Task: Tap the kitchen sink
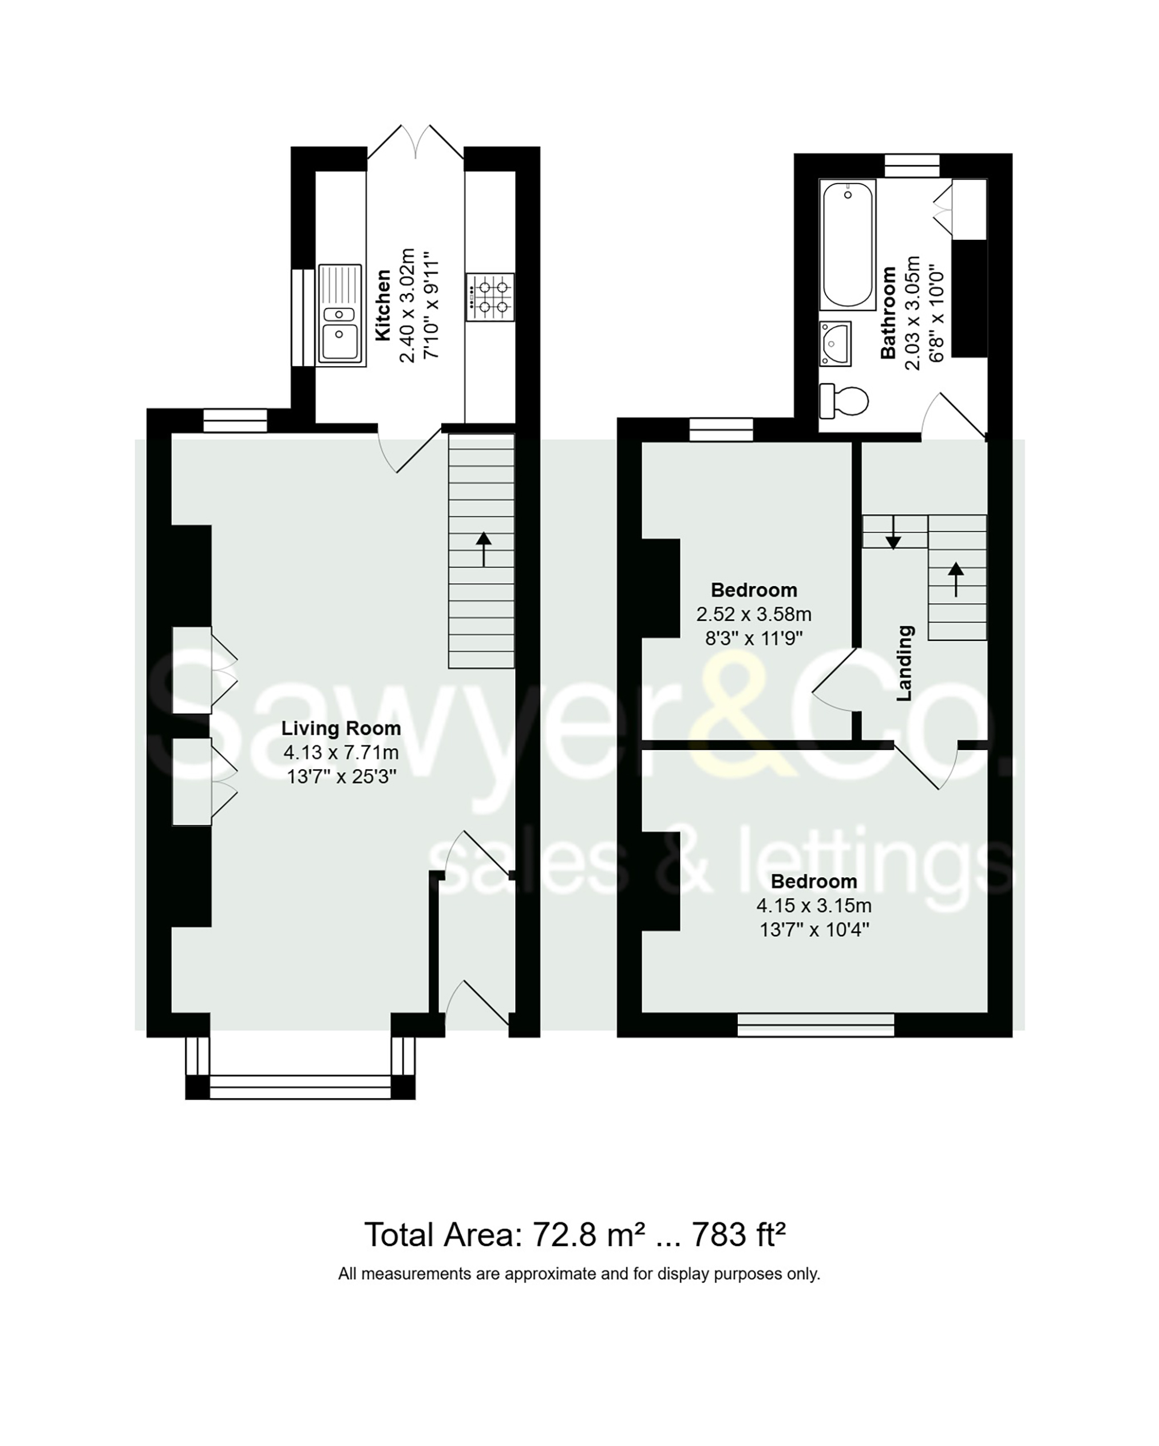coord(341,315)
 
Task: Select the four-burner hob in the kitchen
coord(491,296)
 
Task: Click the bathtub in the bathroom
coord(848,244)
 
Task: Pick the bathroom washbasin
coord(836,343)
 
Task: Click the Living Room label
coord(341,728)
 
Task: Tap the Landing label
coord(905,663)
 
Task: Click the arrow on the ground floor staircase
coord(483,549)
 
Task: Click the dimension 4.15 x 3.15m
coord(813,906)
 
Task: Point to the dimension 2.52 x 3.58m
coord(753,615)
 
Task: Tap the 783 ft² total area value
coord(738,1234)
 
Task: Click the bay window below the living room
coord(300,1087)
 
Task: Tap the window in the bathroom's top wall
coord(912,165)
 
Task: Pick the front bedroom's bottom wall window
coord(816,1024)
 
